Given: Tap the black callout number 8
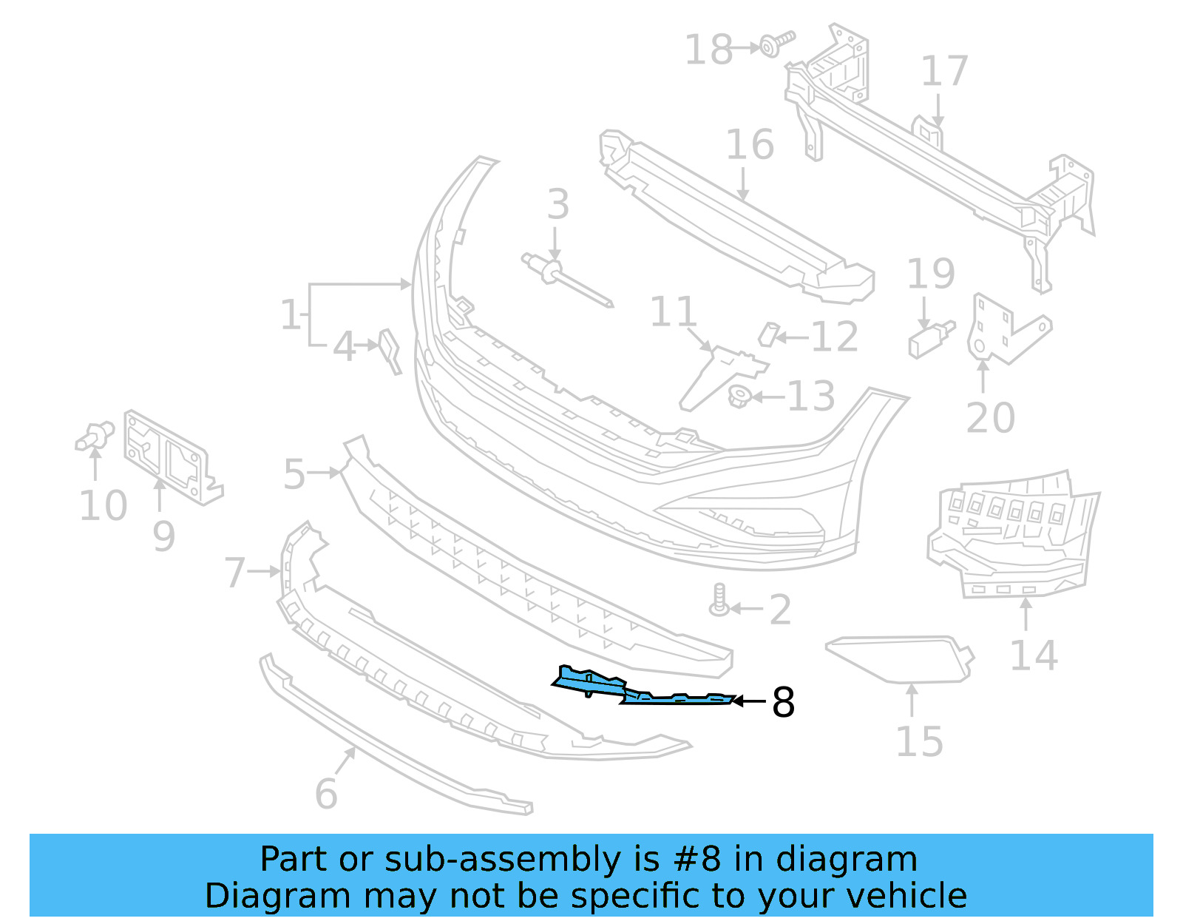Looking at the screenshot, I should pos(783,702).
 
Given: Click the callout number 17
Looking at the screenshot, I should pos(944,72).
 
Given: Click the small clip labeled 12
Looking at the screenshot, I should pos(769,334).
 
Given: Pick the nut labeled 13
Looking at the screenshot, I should pos(739,397).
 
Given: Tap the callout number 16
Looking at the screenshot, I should pos(750,145).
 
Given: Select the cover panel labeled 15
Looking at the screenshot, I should pos(898,658).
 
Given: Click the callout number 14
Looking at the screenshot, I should pos(1034,655).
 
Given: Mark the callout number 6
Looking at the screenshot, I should pos(326,794).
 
